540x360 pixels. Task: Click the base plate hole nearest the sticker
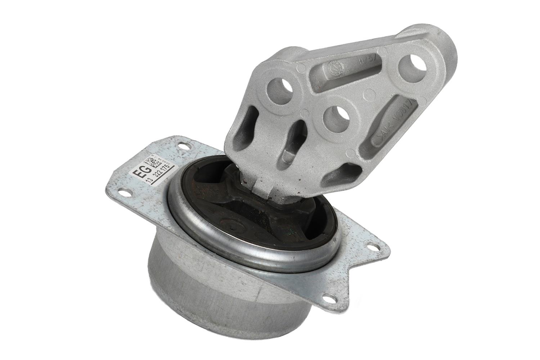point(185,146)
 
